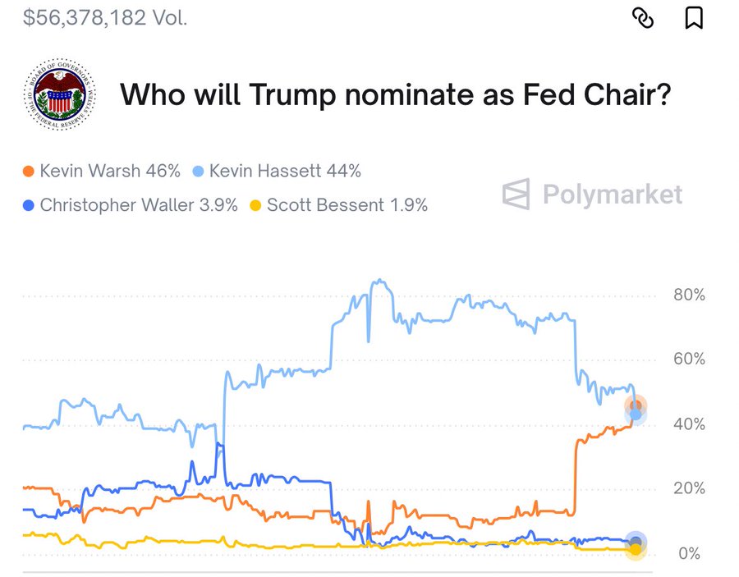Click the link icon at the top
(643, 17)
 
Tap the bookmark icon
(694, 17)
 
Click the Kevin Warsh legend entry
(102, 172)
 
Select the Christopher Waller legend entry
(130, 204)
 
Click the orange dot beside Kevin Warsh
(29, 172)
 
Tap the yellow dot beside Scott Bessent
(255, 204)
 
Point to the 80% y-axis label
(688, 295)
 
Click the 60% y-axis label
(688, 359)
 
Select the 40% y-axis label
(688, 424)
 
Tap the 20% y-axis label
(688, 488)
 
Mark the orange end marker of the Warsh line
(635, 405)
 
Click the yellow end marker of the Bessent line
(635, 548)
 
